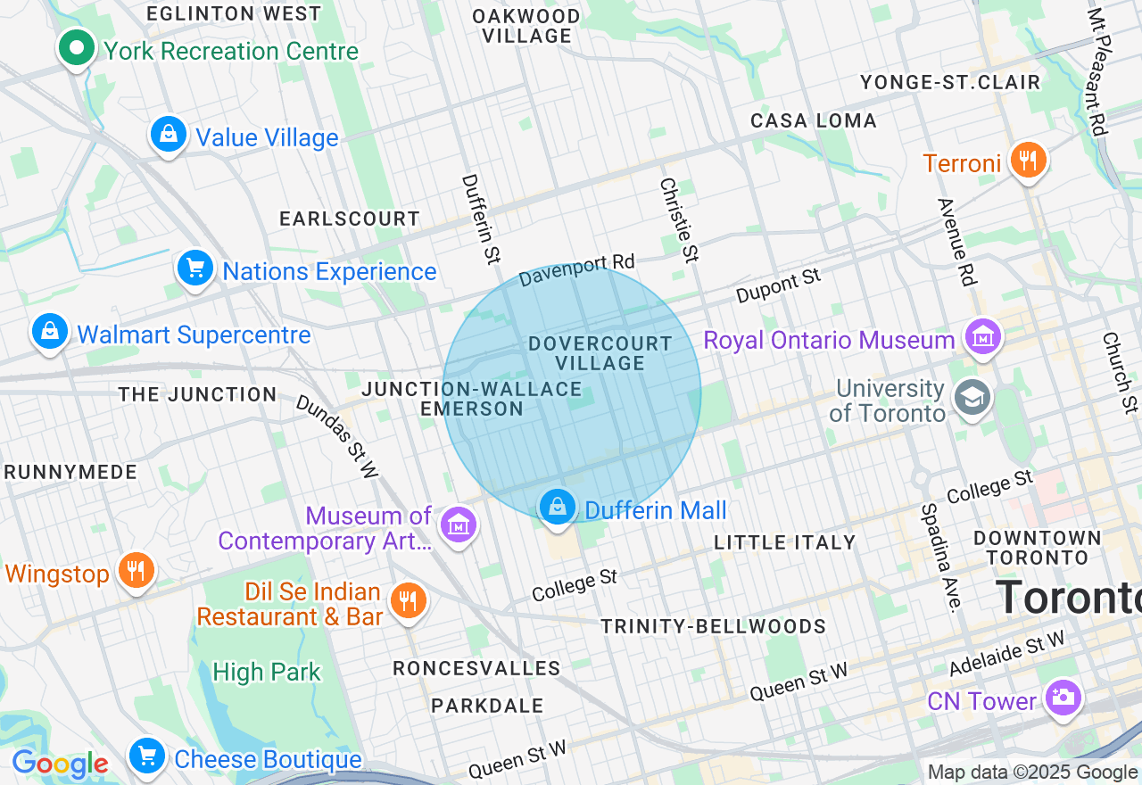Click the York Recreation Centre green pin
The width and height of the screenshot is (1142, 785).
coord(78,47)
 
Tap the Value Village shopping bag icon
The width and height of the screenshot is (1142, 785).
coord(169,135)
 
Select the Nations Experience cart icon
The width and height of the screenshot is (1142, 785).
coord(195,268)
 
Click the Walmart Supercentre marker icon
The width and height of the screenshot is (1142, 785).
coord(50,332)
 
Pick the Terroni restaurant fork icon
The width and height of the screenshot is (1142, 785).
coord(1028,161)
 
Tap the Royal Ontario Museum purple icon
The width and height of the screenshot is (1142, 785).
coord(982,337)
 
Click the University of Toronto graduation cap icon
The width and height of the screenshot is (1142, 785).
coord(971,399)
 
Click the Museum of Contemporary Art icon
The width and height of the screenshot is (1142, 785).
coord(459,525)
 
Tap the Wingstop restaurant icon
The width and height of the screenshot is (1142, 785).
coord(136,570)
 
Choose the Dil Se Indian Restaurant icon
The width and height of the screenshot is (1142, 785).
coord(408,600)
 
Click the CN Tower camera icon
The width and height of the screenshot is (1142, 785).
coord(1063,698)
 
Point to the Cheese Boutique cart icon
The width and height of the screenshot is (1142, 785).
coord(147,756)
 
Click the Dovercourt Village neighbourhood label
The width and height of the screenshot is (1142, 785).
coord(600,353)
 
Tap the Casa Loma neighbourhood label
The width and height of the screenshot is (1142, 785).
coord(813,120)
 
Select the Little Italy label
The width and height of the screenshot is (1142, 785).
coord(784,542)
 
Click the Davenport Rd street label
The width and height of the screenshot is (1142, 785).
coord(576,269)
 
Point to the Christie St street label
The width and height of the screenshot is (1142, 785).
coord(678,219)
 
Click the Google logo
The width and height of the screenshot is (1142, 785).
coord(60,764)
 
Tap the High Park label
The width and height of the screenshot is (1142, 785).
coord(266,672)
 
